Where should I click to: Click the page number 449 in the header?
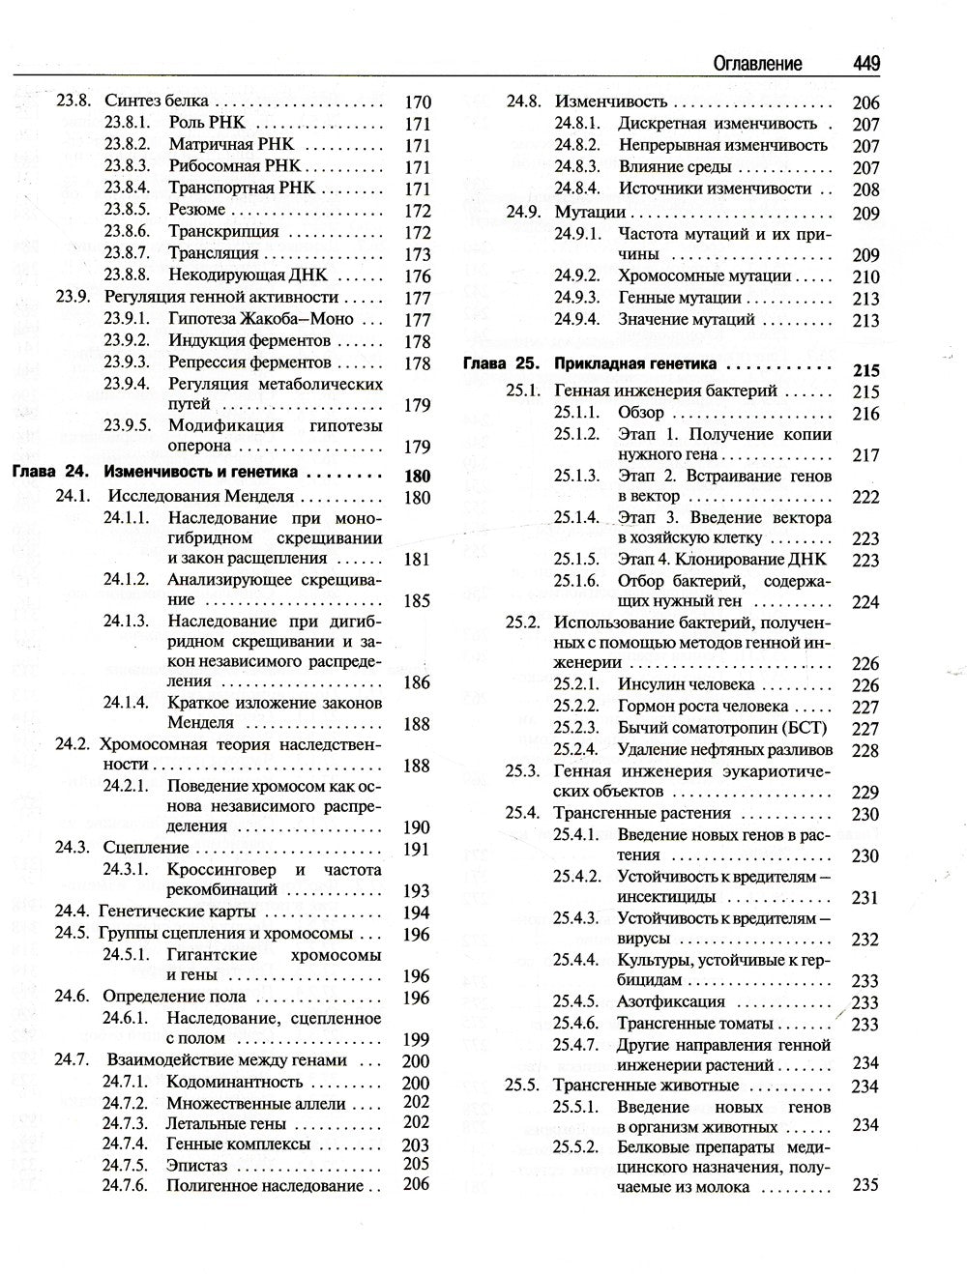[865, 64]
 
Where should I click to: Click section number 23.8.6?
[127, 232]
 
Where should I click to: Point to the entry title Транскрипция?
[223, 232]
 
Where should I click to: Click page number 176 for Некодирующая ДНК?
[417, 276]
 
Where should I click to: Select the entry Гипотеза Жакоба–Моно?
[261, 319]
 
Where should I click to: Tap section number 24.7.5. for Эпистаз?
[126, 1165]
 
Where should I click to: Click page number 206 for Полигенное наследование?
[416, 1185]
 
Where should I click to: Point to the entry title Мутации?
[590, 212]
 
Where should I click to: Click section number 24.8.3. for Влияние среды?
[577, 167]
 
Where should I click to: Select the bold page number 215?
[866, 370]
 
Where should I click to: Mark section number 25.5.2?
[577, 1147]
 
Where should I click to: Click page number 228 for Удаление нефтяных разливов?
[865, 750]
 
